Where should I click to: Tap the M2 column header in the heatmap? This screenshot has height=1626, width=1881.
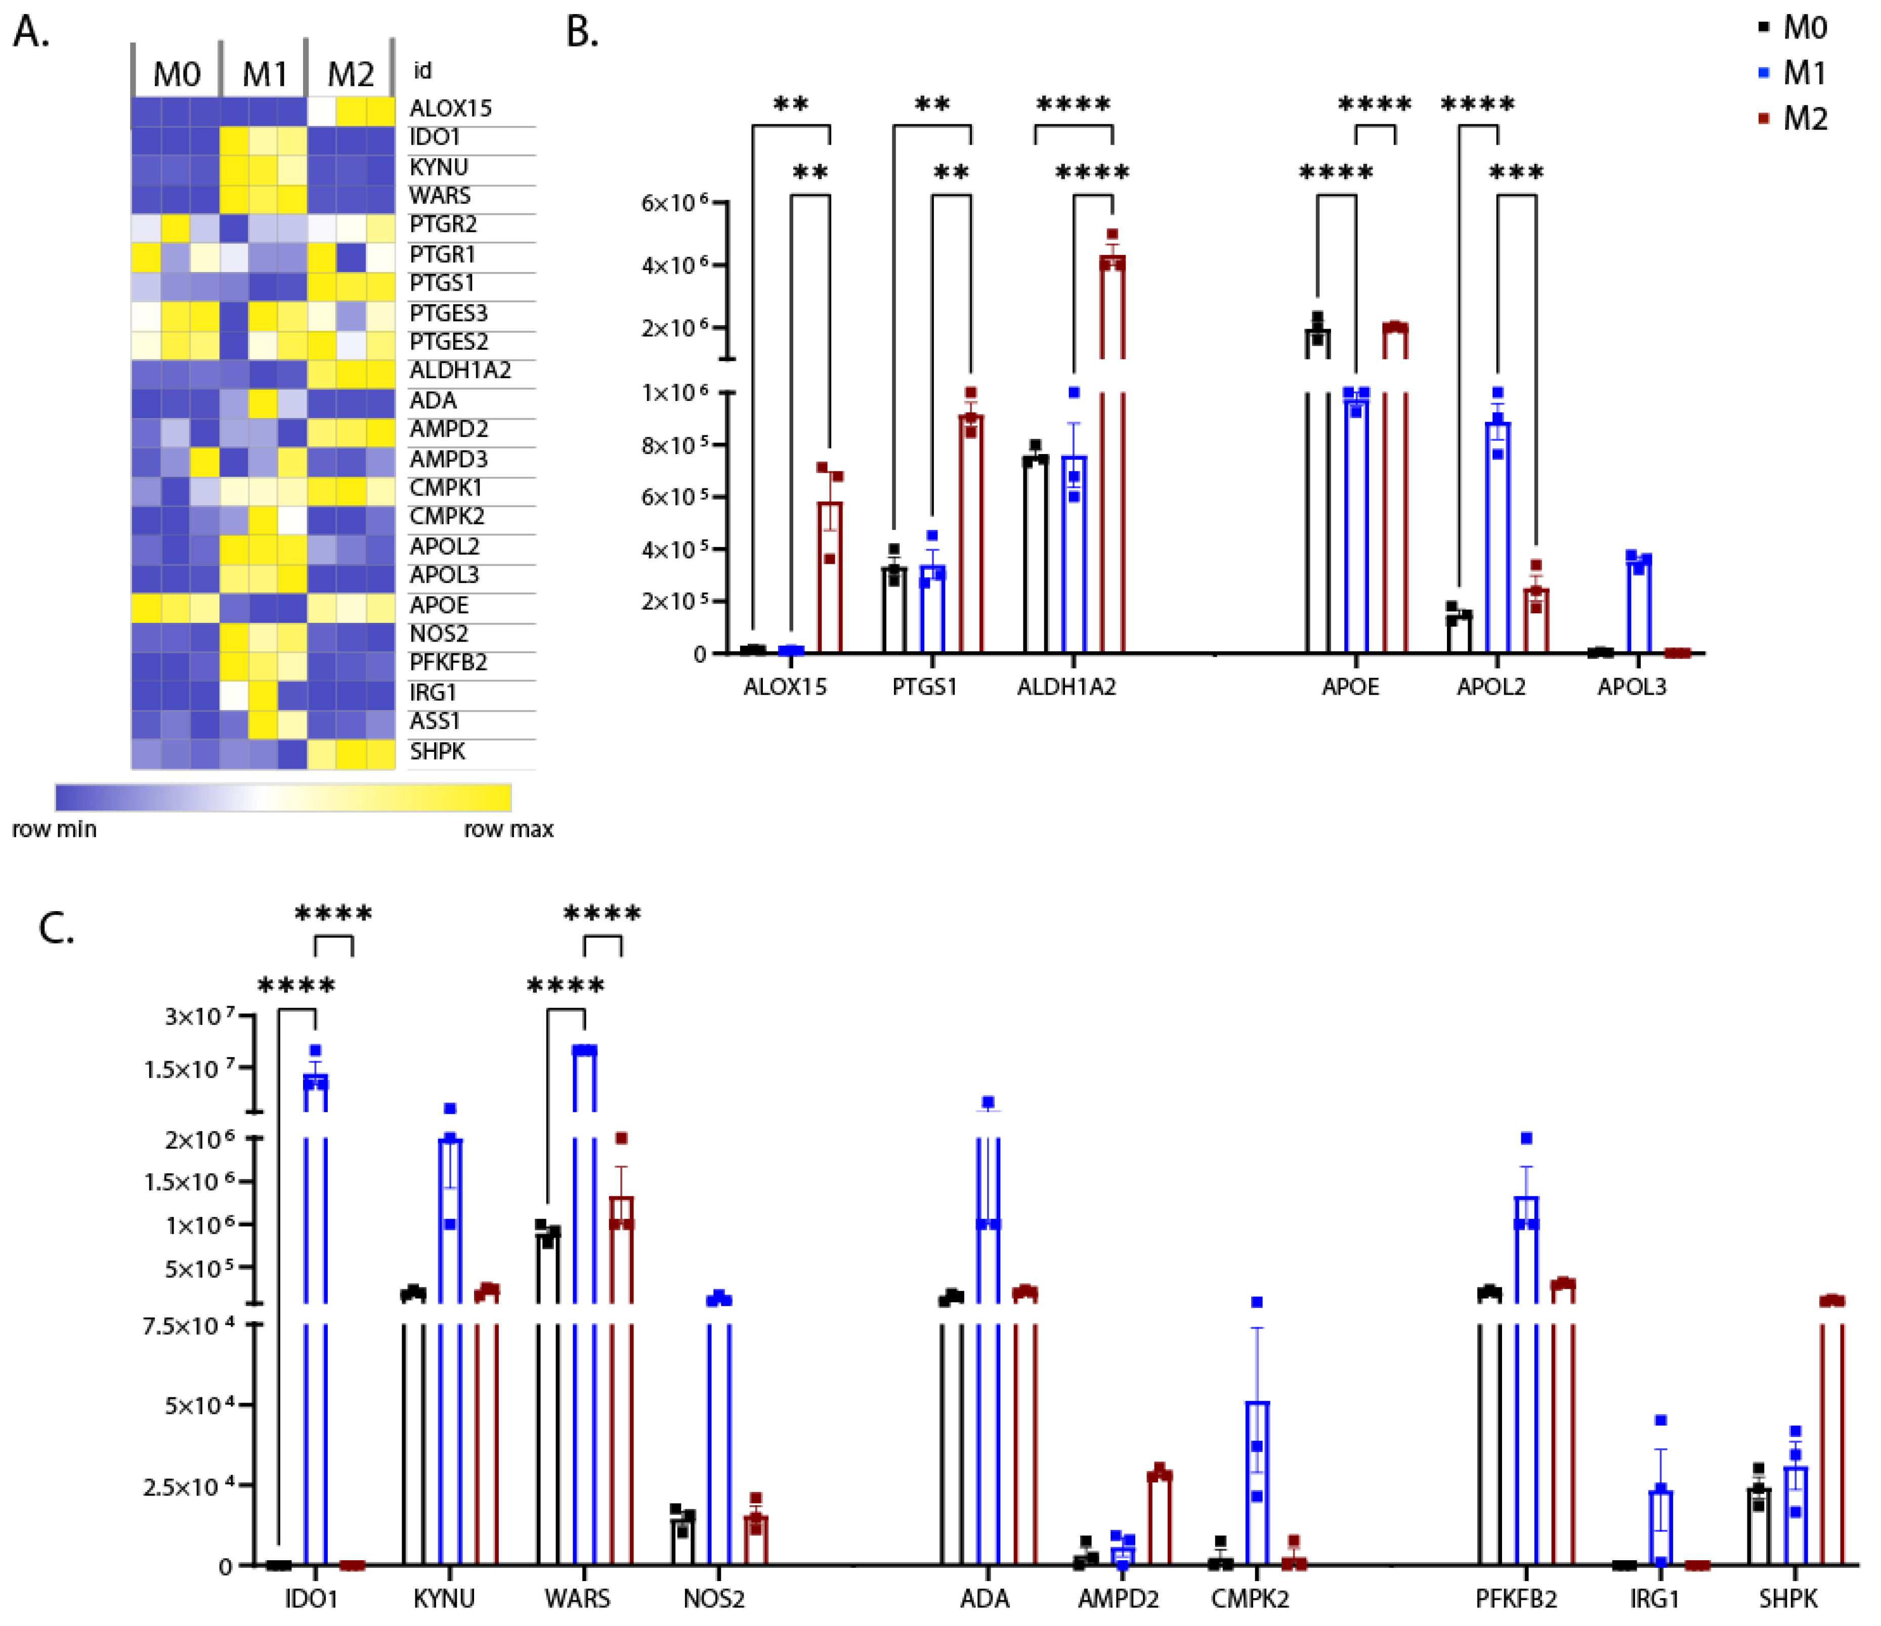[x=351, y=73]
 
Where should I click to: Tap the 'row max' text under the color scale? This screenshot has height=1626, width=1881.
[x=508, y=829]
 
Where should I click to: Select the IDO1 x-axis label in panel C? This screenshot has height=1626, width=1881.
[x=311, y=1598]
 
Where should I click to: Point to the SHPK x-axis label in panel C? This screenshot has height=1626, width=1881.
[x=1787, y=1598]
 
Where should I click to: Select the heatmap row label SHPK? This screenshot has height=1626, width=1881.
[x=438, y=751]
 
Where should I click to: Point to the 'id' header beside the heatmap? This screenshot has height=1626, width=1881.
[x=422, y=71]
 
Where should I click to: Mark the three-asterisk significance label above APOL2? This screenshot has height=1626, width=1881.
[x=1516, y=172]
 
